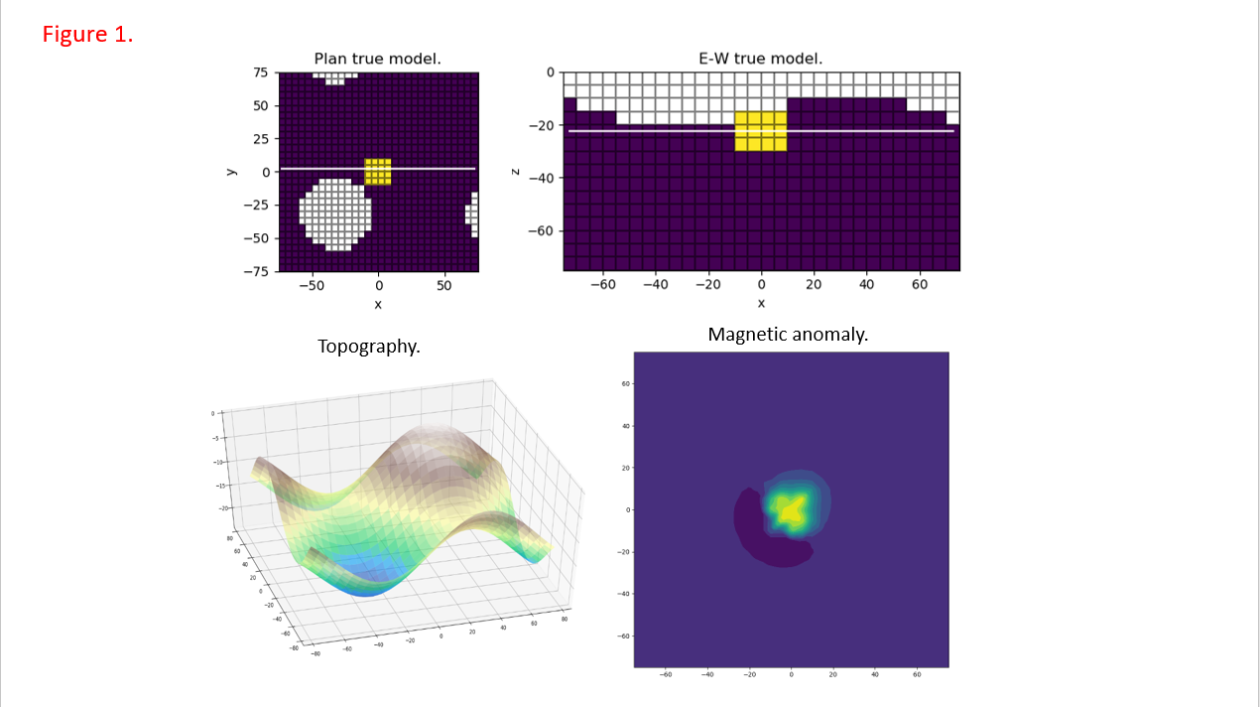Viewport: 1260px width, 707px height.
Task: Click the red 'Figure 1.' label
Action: pos(87,34)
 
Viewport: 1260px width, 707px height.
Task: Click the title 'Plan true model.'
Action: pos(377,60)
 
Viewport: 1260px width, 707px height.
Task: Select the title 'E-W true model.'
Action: pos(761,60)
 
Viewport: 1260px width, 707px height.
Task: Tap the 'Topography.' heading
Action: pos(368,347)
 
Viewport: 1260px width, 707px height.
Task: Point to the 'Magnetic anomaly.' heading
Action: pos(788,335)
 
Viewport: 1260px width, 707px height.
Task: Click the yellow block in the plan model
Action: pos(378,172)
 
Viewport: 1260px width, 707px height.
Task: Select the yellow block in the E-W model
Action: pos(761,131)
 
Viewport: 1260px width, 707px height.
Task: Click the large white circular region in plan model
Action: pos(336,213)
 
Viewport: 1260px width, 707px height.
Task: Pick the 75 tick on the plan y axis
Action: pos(261,72)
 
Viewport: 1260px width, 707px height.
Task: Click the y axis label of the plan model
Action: pos(230,172)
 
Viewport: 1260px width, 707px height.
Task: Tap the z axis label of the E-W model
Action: pos(515,172)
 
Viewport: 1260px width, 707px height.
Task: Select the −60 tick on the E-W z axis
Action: pos(540,231)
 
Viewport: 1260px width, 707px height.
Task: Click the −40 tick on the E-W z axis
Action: pos(540,179)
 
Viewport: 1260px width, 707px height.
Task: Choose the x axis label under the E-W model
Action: pos(761,303)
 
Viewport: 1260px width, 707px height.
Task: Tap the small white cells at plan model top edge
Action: pos(335,77)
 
